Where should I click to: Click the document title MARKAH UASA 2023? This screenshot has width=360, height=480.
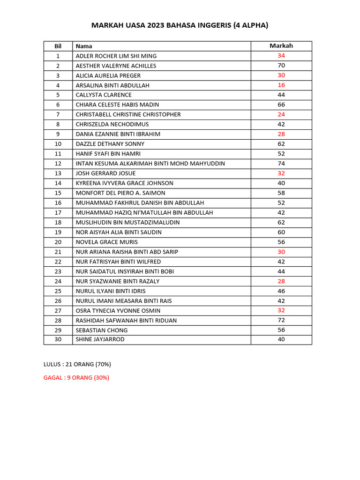[180, 26]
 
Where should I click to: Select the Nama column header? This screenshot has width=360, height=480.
[84, 46]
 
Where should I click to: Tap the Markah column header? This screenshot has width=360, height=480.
[281, 45]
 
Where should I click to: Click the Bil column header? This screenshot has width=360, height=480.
[58, 46]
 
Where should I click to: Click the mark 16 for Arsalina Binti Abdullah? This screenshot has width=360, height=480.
[281, 85]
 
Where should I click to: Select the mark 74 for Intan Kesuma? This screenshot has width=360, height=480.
[281, 164]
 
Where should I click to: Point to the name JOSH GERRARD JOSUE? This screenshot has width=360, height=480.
[105, 173]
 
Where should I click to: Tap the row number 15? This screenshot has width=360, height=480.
[58, 193]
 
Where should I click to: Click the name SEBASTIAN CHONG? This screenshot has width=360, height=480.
[102, 330]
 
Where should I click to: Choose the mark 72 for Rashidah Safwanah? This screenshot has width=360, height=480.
[281, 320]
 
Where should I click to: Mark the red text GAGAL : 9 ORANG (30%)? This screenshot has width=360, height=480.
[76, 378]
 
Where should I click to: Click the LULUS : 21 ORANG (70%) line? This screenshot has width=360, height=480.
[77, 364]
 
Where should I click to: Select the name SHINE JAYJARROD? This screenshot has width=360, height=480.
[100, 339]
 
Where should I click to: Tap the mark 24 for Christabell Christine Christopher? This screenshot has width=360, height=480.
[281, 114]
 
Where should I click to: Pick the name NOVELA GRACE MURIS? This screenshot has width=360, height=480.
[107, 242]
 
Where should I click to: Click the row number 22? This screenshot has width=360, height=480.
[58, 262]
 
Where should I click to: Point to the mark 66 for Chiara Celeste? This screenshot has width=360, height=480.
[281, 105]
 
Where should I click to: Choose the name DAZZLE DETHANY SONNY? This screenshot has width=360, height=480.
[110, 144]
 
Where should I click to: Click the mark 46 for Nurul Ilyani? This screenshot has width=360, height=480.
[281, 291]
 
